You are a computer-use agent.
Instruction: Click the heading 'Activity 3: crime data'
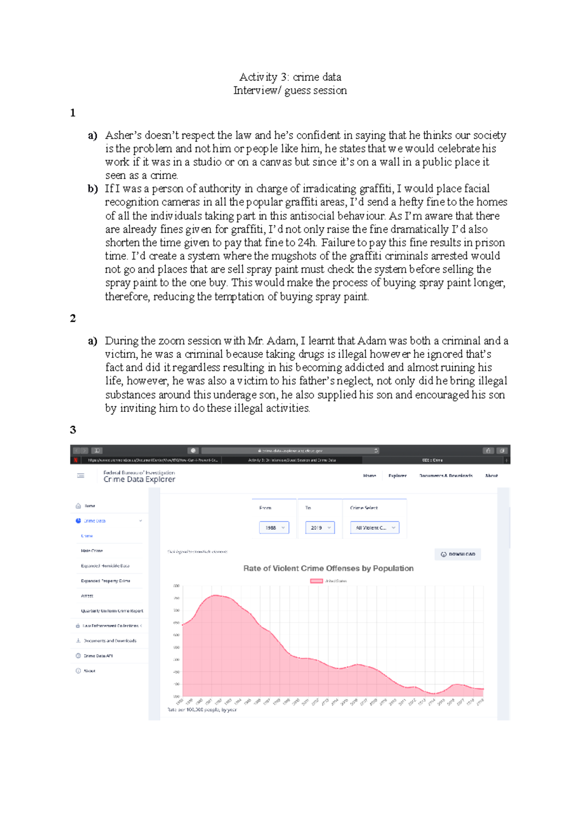(x=290, y=77)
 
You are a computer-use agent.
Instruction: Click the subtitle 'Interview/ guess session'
(x=290, y=90)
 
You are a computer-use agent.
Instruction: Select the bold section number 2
(x=73, y=318)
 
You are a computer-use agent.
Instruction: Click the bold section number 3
(x=73, y=430)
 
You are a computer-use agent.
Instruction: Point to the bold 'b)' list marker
(x=92, y=189)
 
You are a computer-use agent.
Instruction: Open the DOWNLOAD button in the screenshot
(x=458, y=554)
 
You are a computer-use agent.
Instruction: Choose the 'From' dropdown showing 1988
(x=274, y=528)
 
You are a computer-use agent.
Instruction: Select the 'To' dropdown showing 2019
(x=319, y=528)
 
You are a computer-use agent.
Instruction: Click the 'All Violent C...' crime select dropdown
(x=375, y=528)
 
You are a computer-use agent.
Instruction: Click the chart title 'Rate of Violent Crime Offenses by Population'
(x=328, y=568)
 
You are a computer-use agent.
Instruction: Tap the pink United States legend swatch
(x=316, y=581)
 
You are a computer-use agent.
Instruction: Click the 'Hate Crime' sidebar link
(x=92, y=551)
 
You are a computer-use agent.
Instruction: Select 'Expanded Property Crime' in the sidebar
(x=105, y=581)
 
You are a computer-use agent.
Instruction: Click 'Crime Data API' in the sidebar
(x=98, y=656)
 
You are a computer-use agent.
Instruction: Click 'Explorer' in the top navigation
(x=397, y=476)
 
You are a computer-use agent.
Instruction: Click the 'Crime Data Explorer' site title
(x=139, y=480)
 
